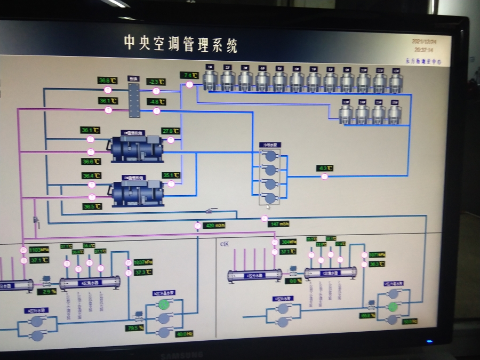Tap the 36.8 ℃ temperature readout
tap(107, 81)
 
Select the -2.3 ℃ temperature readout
tap(156, 82)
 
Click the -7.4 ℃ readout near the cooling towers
tap(189, 75)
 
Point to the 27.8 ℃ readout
tap(171, 131)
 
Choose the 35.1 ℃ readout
tap(171, 175)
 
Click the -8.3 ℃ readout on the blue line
tap(324, 168)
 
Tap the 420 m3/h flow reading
tap(212, 226)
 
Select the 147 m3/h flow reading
tap(279, 224)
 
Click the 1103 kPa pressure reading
tap(38, 250)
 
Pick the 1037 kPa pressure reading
tap(143, 262)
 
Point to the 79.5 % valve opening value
tap(135, 328)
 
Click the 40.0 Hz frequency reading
tap(184, 334)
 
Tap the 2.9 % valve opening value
tap(46, 292)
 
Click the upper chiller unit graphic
tap(137, 148)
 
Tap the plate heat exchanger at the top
tap(133, 97)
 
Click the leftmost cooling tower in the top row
tap(210, 79)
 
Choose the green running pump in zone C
tap(393, 307)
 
